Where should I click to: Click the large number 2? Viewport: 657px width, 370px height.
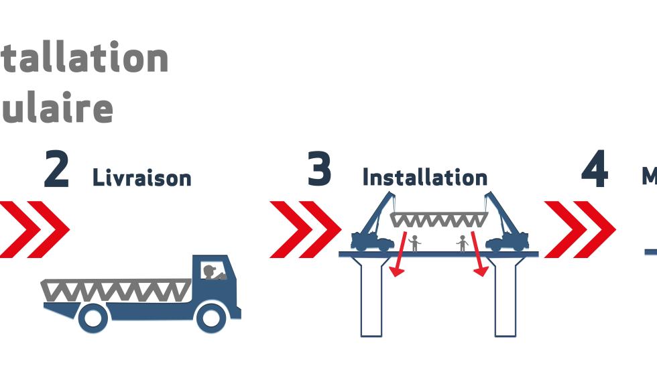[x=56, y=170]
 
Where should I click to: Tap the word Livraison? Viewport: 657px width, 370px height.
[x=142, y=178]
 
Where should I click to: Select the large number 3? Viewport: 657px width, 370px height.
[x=319, y=170]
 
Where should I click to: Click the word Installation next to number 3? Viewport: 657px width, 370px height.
[x=424, y=178]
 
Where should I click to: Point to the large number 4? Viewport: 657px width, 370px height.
[x=595, y=170]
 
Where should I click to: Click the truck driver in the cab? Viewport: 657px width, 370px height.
[x=212, y=271]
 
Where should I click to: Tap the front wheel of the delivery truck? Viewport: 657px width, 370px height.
[x=211, y=318]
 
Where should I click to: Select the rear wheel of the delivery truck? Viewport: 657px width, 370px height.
[x=93, y=318]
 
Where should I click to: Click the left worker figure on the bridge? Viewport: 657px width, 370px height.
[x=415, y=243]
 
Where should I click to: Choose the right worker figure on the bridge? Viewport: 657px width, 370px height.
[x=462, y=243]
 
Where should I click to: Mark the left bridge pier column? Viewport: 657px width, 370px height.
[x=371, y=295]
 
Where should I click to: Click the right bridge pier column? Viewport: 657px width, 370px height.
[x=505, y=295]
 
